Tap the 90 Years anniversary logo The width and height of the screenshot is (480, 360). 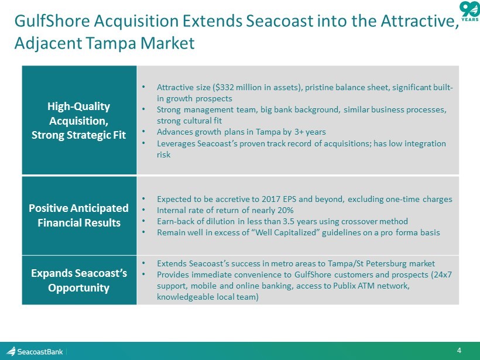470,11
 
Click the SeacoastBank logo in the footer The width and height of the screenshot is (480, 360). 35,351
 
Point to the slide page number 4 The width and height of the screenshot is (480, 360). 459,351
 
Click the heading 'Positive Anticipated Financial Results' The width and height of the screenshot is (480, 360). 79,215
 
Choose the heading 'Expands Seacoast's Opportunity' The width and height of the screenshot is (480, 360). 79,280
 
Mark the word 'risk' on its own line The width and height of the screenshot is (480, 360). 163,155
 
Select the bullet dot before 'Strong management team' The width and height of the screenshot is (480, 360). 143,109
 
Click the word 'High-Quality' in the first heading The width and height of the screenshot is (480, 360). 78,107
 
